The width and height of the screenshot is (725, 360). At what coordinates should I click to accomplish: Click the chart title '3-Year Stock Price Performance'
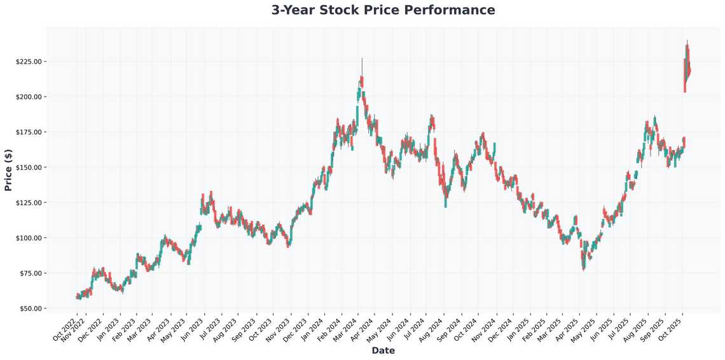point(383,10)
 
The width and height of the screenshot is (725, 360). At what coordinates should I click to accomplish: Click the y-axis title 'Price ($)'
point(8,169)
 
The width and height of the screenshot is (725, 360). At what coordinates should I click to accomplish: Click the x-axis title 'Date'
point(383,350)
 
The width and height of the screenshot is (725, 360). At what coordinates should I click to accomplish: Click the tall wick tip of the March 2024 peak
point(362,59)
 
